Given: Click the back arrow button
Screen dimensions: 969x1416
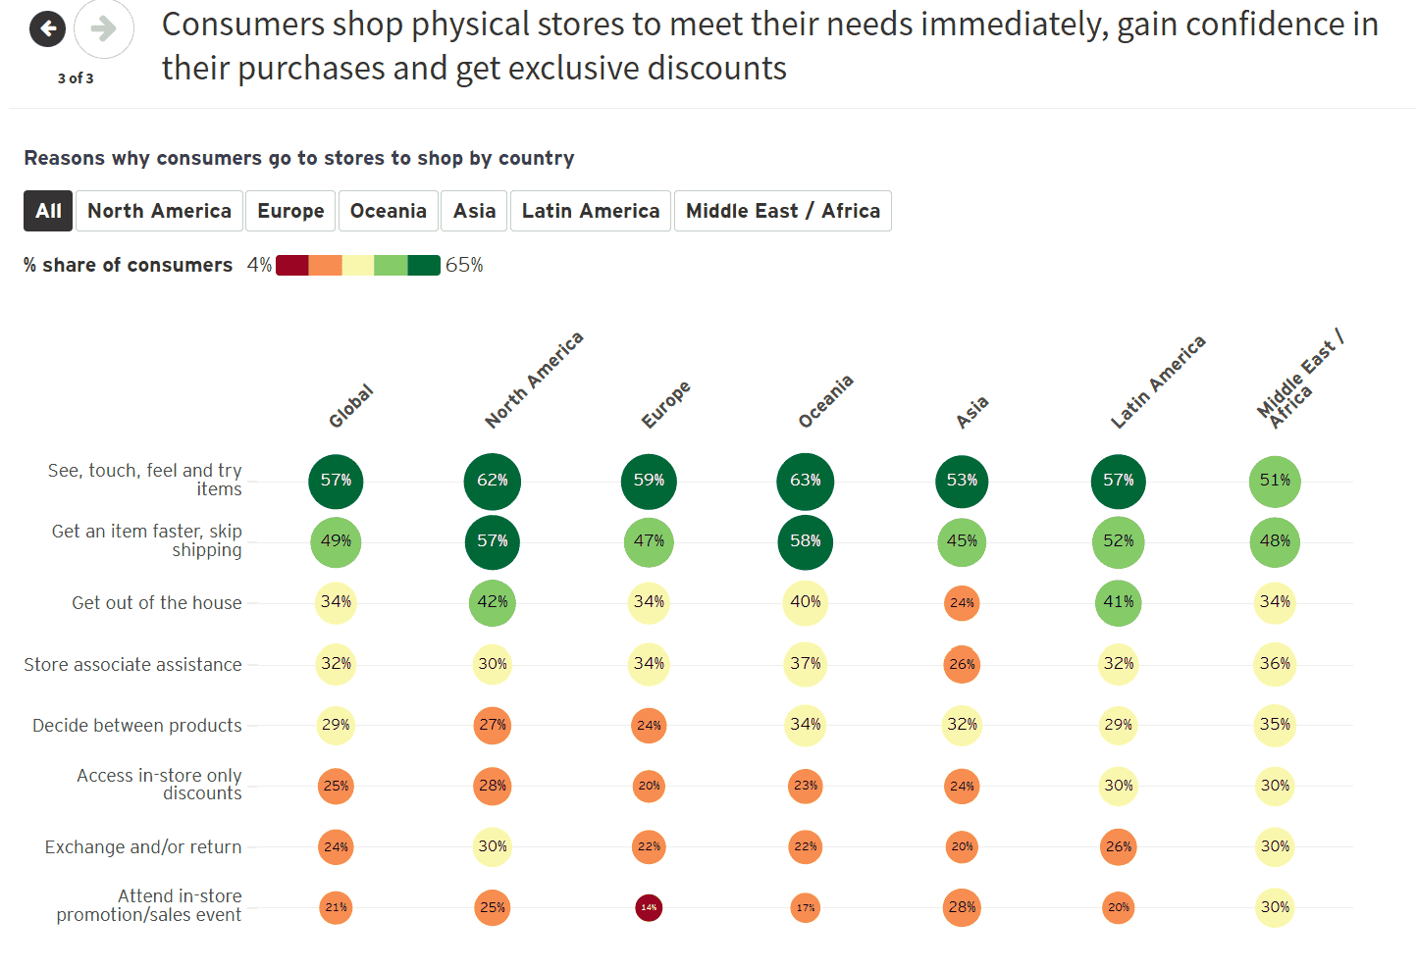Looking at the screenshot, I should [x=47, y=29].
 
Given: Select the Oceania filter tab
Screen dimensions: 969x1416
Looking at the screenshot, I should [x=388, y=211].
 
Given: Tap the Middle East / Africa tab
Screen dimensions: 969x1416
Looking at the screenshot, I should [x=782, y=211].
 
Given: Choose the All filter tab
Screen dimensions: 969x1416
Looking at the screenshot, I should [x=48, y=211].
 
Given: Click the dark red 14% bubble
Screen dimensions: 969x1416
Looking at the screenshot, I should [x=649, y=907].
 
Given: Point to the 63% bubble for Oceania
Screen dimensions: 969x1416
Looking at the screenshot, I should [x=805, y=481].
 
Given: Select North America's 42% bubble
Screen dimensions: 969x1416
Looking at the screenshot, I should [x=493, y=602].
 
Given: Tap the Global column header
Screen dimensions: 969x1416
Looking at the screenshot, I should [x=350, y=406].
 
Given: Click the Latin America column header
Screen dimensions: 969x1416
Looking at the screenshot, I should [x=1157, y=382].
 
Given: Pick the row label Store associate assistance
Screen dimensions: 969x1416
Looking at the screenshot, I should [x=132, y=665].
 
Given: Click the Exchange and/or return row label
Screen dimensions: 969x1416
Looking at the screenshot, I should [x=143, y=847].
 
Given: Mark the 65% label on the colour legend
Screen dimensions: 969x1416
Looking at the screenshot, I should [x=464, y=265].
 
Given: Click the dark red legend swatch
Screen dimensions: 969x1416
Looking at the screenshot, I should [x=292, y=265].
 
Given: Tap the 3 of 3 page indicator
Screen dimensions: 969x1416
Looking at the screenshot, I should [x=76, y=78].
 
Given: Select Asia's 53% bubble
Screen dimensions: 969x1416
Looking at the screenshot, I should [x=962, y=481].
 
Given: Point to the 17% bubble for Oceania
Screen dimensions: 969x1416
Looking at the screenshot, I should [x=806, y=907].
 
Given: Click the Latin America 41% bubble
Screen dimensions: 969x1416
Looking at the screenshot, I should [x=1118, y=602].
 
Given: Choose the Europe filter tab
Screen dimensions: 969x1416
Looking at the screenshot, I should [x=290, y=211].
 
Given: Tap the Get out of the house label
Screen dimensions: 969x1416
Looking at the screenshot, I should [x=156, y=603].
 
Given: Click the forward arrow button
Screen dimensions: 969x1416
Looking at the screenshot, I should [x=103, y=29].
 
